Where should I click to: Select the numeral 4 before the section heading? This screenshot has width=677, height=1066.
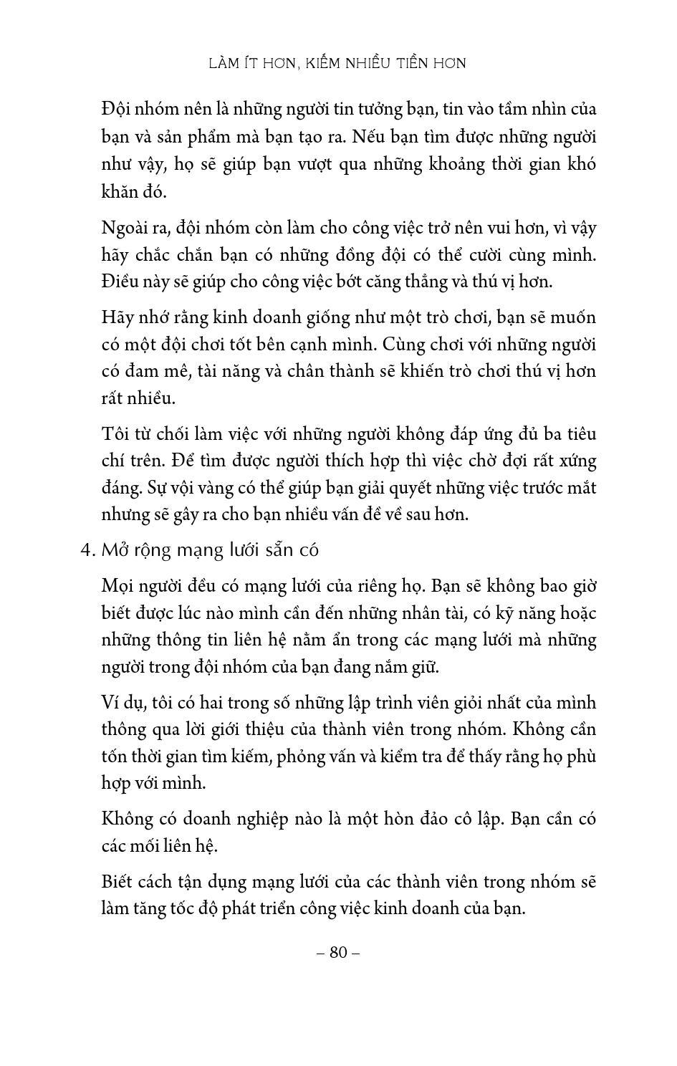(x=87, y=550)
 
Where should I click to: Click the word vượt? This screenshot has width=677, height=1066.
(x=330, y=165)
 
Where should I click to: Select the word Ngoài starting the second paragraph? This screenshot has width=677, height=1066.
(x=125, y=228)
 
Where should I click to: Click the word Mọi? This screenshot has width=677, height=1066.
(x=119, y=586)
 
